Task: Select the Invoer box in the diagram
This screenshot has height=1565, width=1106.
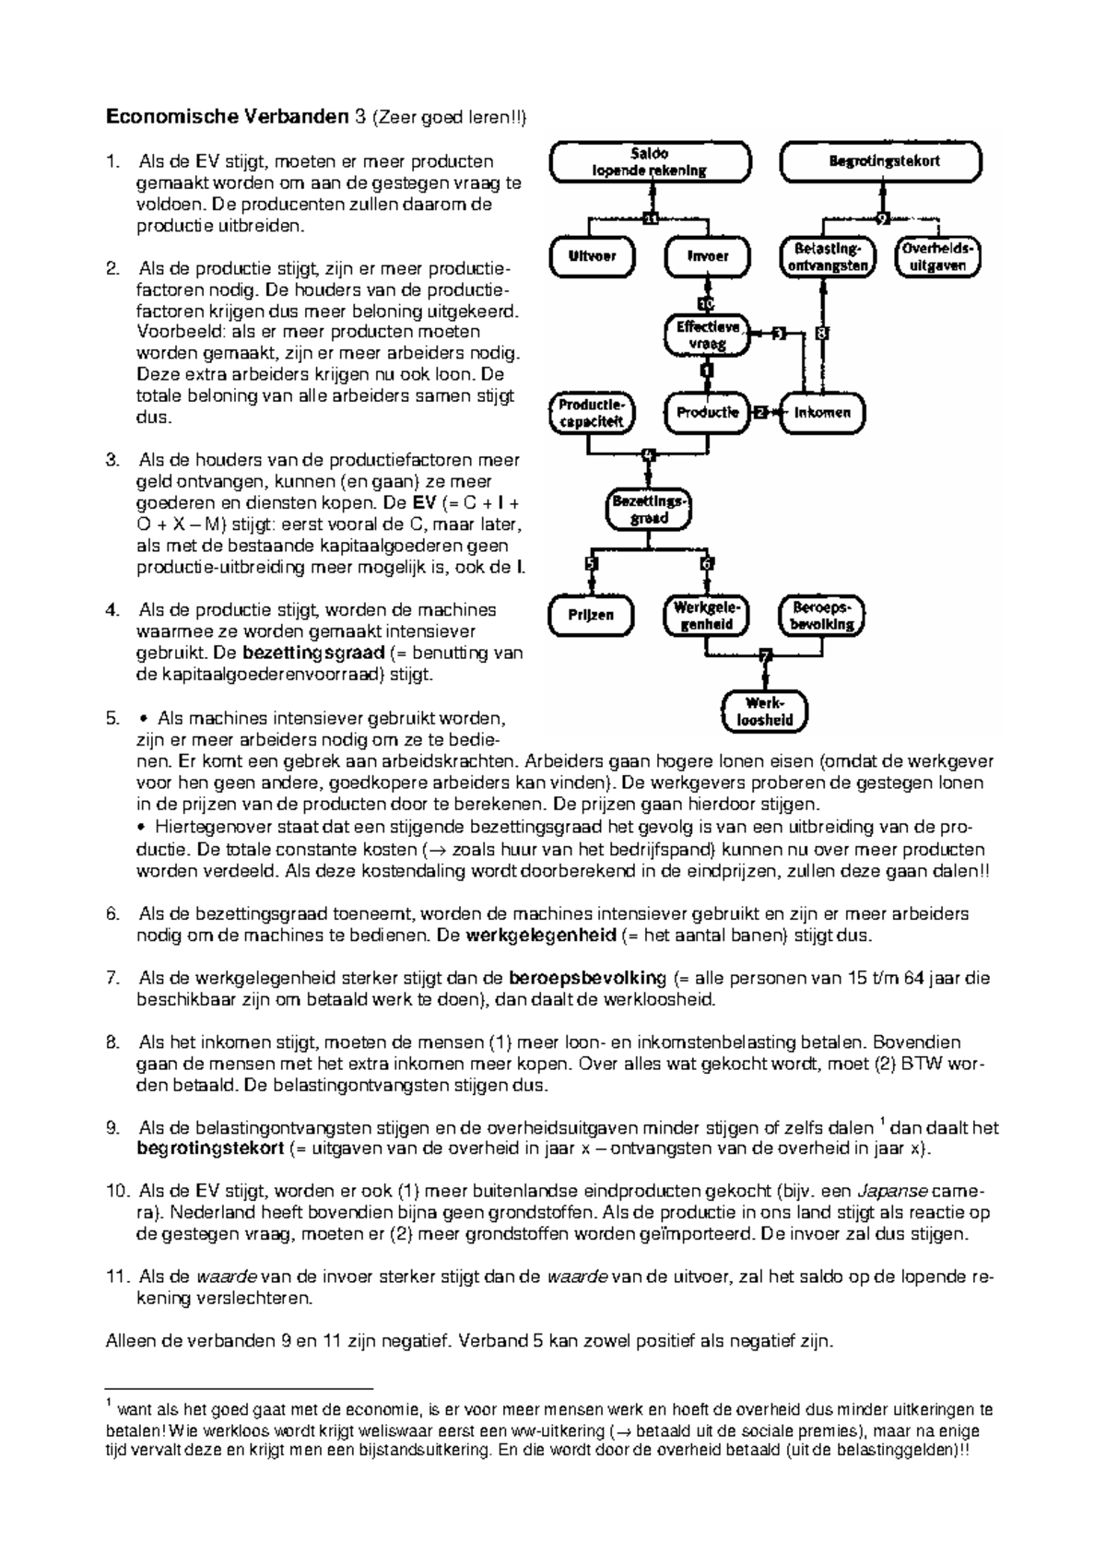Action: tap(707, 256)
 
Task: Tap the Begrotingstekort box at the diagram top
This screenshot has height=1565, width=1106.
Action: tap(881, 161)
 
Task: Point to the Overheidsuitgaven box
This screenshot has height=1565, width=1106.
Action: tap(937, 257)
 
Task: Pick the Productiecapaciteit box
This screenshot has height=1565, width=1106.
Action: tap(591, 413)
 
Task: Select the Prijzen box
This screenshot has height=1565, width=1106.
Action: tap(591, 615)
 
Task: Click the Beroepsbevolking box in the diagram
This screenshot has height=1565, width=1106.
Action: tap(822, 615)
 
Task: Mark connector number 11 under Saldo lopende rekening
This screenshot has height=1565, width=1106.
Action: tap(651, 218)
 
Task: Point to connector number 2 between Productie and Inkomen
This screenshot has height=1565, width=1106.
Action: tap(760, 412)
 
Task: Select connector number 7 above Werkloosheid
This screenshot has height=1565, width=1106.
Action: tap(765, 655)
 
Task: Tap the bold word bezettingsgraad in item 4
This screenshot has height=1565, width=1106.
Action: tap(313, 653)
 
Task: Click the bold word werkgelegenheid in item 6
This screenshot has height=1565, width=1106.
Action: tap(540, 935)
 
